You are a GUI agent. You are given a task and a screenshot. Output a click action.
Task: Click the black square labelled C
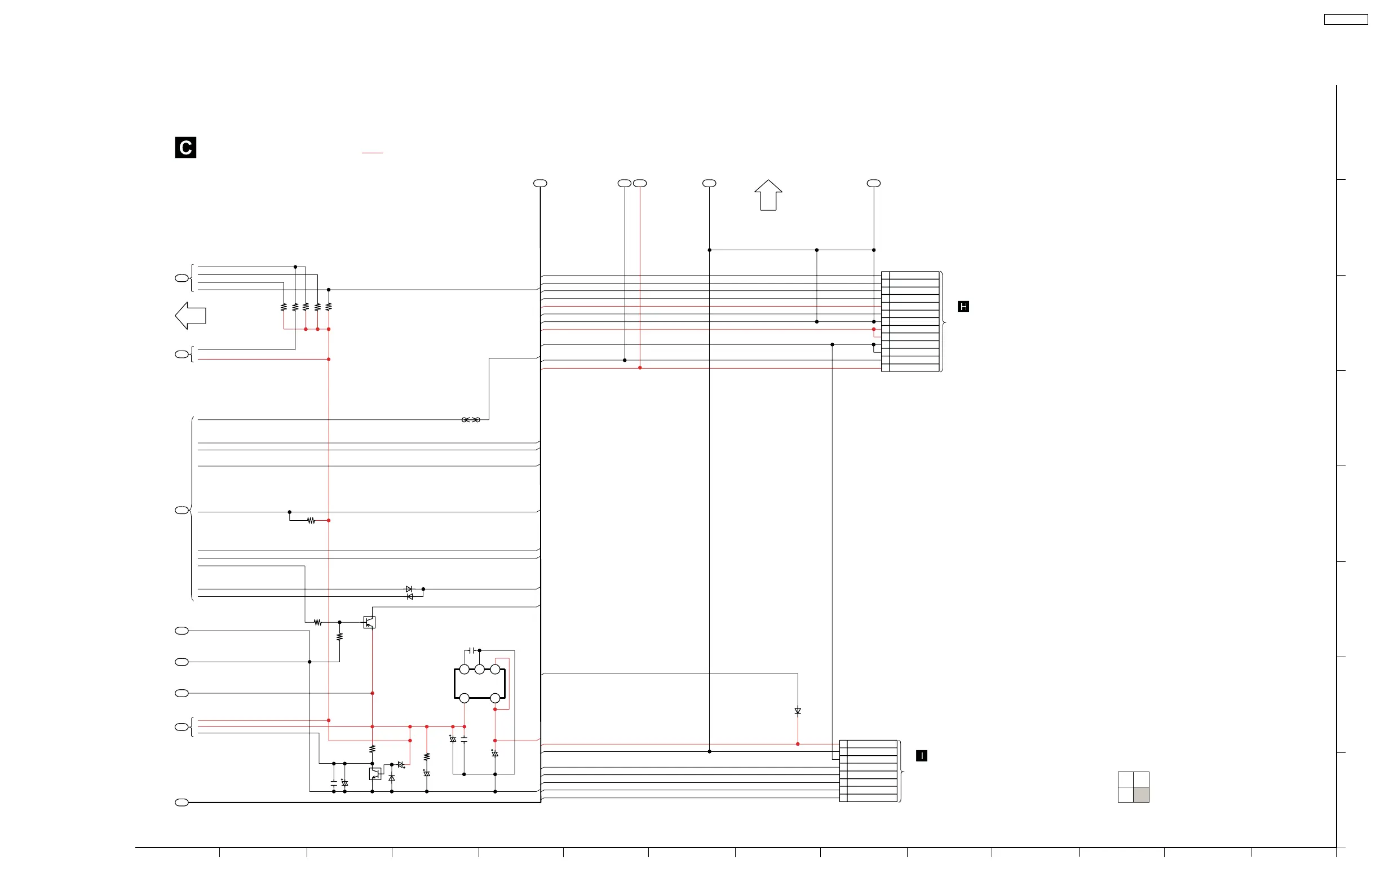[x=185, y=147]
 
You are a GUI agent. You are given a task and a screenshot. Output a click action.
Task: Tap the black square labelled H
[x=963, y=307]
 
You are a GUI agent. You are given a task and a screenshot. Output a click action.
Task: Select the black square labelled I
[x=921, y=755]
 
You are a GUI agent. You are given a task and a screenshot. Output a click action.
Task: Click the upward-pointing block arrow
[x=768, y=196]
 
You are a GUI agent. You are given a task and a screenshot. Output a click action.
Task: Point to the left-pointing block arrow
[x=190, y=316]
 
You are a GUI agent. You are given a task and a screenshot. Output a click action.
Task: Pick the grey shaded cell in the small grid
[x=1141, y=795]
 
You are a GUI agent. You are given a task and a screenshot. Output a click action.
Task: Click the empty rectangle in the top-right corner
[x=1346, y=20]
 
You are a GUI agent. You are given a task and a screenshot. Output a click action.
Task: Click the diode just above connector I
[x=798, y=711]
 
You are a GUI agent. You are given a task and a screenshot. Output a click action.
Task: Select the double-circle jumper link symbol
[x=471, y=420]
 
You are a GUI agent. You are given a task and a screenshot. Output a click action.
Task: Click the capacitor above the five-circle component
[x=472, y=650]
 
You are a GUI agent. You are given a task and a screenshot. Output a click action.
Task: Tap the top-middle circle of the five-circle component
[x=480, y=670]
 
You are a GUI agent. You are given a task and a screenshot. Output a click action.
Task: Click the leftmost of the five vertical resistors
[x=284, y=307]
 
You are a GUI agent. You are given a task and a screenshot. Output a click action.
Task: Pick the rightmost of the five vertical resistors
[x=329, y=307]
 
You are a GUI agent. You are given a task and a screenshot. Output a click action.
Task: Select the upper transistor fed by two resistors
[x=369, y=623]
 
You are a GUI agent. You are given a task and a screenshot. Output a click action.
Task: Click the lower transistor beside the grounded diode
[x=375, y=773]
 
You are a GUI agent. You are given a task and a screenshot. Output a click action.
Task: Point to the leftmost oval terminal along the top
[x=540, y=183]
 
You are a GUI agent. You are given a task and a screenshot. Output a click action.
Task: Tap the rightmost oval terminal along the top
[x=873, y=183]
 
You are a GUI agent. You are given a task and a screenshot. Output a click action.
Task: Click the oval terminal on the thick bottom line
[x=182, y=802]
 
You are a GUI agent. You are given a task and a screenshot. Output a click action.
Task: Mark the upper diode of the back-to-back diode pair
[x=409, y=589]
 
